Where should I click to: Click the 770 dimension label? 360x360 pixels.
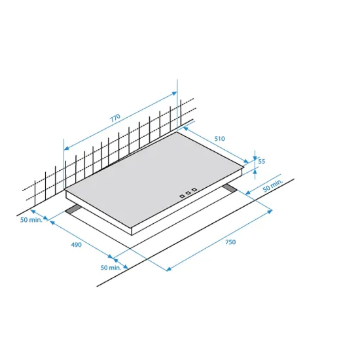pyautogui.click(x=115, y=118)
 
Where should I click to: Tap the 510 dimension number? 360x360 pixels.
pyautogui.click(x=219, y=139)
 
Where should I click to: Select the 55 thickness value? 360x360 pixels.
pyautogui.click(x=262, y=162)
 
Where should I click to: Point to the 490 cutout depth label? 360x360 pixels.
pyautogui.click(x=76, y=245)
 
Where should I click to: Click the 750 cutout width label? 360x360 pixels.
pyautogui.click(x=230, y=242)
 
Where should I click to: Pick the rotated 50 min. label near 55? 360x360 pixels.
pyautogui.click(x=273, y=185)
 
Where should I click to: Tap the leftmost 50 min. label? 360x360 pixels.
pyautogui.click(x=31, y=220)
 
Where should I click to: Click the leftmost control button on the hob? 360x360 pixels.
pyautogui.click(x=182, y=196)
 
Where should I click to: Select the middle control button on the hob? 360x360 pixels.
pyautogui.click(x=188, y=193)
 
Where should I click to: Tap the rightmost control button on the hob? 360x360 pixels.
pyautogui.click(x=194, y=190)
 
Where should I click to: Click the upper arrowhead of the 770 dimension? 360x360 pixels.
pyautogui.click(x=175, y=93)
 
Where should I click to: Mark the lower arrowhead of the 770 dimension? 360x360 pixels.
pyautogui.click(x=66, y=148)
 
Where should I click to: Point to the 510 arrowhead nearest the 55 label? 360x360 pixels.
pyautogui.click(x=246, y=161)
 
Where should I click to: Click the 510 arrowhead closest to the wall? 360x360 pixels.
pyautogui.click(x=186, y=129)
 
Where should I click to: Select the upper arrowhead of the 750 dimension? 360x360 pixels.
pyautogui.click(x=270, y=211)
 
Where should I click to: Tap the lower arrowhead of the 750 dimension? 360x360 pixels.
pyautogui.click(x=169, y=268)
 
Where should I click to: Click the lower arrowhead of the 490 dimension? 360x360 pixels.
pyautogui.click(x=111, y=256)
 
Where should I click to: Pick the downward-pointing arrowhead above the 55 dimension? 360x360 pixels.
pyautogui.click(x=255, y=158)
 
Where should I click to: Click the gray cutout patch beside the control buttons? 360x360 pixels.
pyautogui.click(x=230, y=188)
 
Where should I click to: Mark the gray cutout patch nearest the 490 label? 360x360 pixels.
pyautogui.click(x=73, y=209)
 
